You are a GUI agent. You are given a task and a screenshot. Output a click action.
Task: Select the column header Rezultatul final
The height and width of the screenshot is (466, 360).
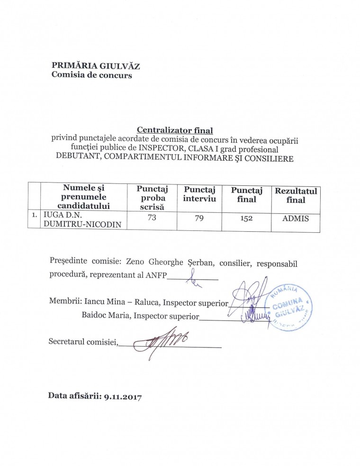pos(296,195)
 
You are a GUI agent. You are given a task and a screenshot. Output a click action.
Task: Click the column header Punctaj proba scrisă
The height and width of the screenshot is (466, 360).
pos(150,198)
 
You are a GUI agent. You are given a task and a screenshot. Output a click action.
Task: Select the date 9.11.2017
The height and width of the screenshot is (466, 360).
pos(122,395)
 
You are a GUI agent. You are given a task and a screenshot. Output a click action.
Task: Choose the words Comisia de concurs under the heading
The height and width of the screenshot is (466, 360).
pos(91,75)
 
